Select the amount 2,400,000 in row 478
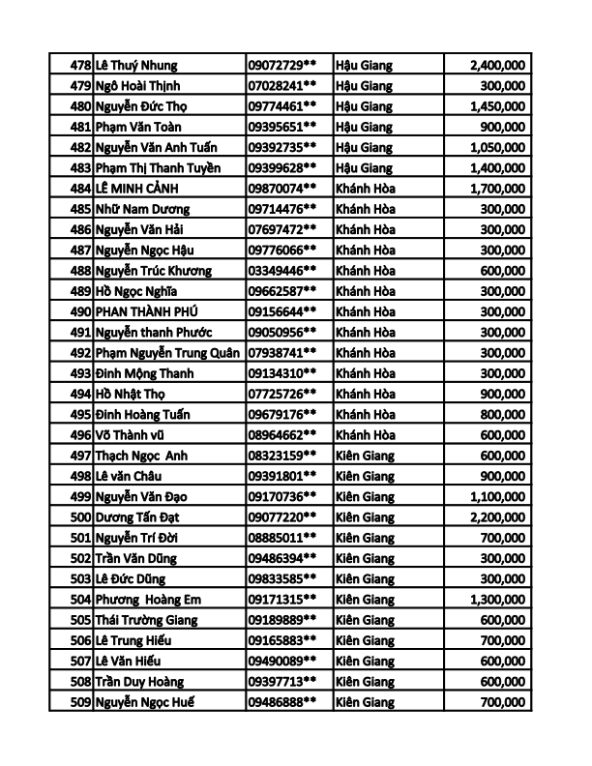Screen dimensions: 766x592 497,65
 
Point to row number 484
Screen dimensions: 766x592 80,188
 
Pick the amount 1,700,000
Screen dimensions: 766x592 497,188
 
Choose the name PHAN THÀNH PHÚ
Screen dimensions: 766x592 150,311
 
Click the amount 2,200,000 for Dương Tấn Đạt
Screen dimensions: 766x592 497,516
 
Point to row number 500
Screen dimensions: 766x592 80,516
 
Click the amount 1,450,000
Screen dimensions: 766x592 497,105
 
